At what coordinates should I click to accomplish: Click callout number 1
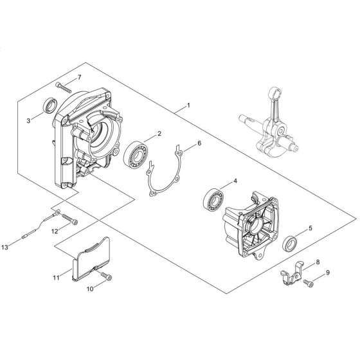189,105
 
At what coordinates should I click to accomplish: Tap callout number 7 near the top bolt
80,77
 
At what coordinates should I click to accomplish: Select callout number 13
4,248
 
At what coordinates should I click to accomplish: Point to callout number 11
57,278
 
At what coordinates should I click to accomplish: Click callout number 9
328,273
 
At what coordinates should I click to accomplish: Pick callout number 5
310,228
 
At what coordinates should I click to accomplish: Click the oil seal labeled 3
51,105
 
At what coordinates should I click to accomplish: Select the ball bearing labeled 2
136,154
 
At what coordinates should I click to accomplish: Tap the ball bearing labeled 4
213,200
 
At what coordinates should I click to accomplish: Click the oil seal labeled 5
289,244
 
